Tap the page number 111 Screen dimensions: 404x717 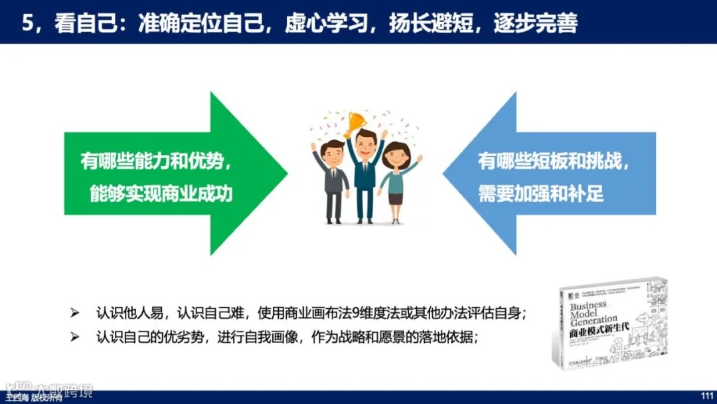706,397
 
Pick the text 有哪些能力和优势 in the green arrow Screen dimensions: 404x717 156,161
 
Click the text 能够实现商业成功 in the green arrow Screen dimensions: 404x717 162,193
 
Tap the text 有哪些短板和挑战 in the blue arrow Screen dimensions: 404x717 554,161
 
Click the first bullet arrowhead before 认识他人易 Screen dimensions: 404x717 74,312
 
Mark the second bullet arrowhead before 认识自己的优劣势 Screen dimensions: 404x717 74,336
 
